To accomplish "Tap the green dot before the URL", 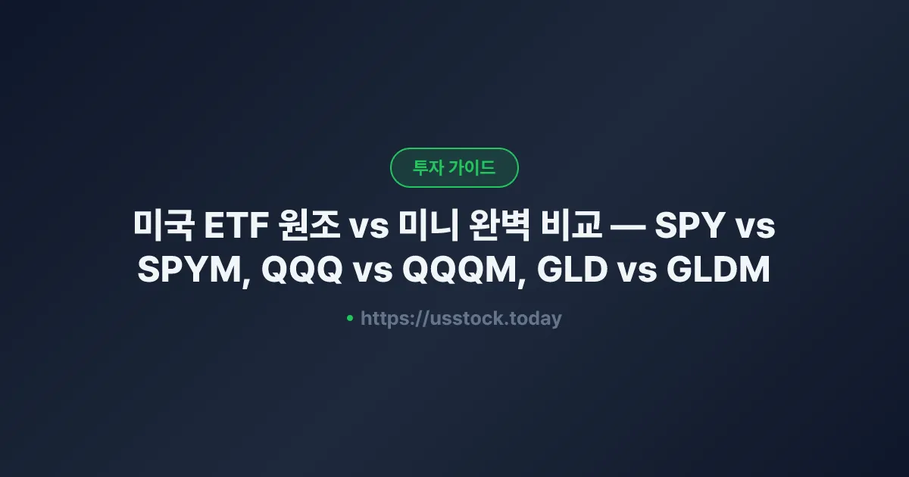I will coord(350,318).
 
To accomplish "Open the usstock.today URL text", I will coord(461,319).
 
